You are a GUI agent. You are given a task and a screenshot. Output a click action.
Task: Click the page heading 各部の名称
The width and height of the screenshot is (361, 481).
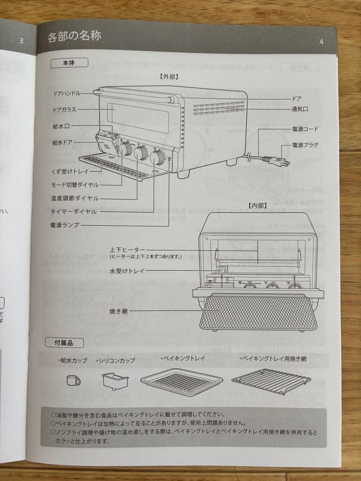click(x=74, y=36)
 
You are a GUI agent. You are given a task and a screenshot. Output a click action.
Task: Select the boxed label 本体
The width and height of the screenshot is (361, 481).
click(x=69, y=63)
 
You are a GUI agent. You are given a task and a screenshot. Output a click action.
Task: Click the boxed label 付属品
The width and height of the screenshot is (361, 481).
click(x=64, y=342)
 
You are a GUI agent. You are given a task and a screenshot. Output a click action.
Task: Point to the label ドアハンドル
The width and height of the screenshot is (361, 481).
click(x=67, y=94)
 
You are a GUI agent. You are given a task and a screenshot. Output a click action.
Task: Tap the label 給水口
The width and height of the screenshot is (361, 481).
click(x=61, y=126)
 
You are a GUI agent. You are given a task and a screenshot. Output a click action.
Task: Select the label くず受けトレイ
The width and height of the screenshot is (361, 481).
click(x=70, y=171)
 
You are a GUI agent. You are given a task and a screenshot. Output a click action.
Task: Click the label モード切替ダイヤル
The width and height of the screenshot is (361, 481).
click(x=75, y=184)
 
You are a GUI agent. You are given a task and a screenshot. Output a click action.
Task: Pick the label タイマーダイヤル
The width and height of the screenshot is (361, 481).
click(x=74, y=212)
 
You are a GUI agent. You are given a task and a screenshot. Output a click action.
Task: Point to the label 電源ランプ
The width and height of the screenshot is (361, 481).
click(x=65, y=225)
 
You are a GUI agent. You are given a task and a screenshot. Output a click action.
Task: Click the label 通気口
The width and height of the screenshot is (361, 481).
click(x=300, y=109)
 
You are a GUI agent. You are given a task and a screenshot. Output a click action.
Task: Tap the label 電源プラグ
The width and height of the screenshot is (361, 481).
click(x=305, y=145)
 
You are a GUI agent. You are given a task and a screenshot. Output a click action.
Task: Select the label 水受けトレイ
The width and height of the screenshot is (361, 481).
click(x=127, y=270)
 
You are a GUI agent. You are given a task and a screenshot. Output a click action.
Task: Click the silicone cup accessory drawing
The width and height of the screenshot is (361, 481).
click(x=115, y=381)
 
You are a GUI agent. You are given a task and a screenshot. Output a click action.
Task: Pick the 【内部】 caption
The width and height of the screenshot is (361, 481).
click(x=257, y=206)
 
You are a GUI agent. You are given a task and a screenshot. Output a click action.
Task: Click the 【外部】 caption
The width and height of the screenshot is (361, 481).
click(x=169, y=76)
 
